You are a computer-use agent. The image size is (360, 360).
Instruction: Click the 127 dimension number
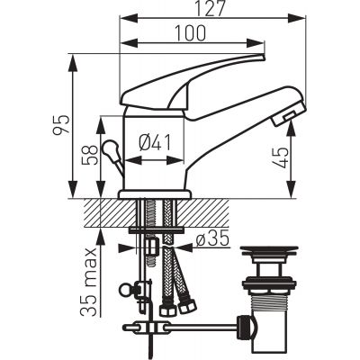210,8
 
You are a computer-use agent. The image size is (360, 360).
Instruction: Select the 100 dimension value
191,33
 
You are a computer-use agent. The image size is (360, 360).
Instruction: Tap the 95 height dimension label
61,124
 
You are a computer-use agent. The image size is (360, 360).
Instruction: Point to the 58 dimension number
90,155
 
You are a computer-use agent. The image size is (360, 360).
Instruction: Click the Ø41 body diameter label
155,142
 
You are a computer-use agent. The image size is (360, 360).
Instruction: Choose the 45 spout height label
282,157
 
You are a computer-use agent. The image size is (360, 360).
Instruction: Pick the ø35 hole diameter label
212,239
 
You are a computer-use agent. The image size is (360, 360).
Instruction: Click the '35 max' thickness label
89,283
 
